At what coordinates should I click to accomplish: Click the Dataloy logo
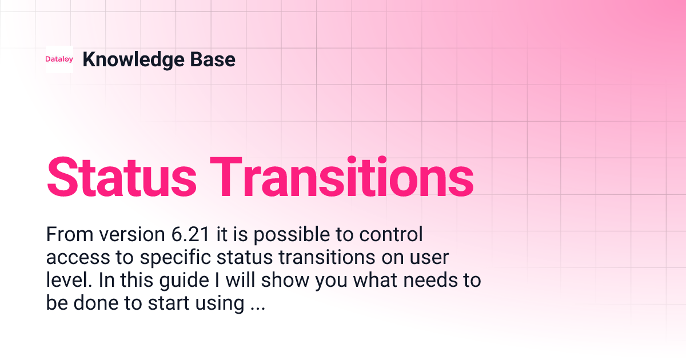tap(59, 59)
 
